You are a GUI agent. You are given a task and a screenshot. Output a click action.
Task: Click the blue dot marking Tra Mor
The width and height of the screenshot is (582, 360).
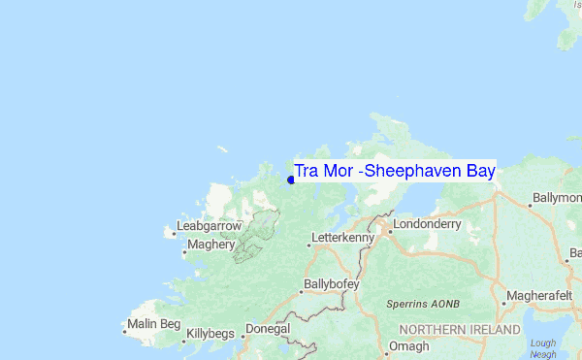point(291,180)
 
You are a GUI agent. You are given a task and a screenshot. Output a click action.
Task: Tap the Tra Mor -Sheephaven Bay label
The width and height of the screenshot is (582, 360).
point(395,172)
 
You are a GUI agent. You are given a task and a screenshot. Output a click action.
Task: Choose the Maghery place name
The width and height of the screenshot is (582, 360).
point(210,245)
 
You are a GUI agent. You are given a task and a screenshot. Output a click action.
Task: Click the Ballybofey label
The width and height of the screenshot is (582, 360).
point(331,284)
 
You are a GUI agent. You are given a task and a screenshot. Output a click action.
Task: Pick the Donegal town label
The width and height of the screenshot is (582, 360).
point(267,329)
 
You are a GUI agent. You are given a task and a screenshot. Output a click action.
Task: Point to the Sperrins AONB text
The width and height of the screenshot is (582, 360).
point(422,304)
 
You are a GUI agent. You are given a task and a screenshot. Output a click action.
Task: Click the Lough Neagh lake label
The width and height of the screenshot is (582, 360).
point(544,348)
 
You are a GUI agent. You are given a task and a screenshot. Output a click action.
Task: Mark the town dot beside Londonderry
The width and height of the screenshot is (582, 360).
point(385,230)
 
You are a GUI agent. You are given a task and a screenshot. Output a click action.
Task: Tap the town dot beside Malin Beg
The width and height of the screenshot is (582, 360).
point(124,330)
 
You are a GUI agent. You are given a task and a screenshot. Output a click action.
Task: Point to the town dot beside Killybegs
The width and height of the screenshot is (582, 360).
point(182,341)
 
